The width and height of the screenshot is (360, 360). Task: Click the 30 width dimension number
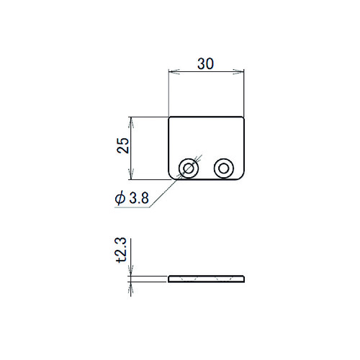click(205, 63)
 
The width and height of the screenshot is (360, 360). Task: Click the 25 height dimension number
click(123, 145)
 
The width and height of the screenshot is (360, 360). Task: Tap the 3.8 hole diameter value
click(139, 198)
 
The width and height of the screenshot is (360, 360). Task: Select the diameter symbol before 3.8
click(120, 198)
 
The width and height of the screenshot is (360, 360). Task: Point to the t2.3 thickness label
click(121, 250)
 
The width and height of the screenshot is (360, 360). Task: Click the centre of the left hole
click(189, 168)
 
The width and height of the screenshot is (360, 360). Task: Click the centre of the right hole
click(224, 168)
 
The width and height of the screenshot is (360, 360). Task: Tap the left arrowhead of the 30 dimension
click(174, 71)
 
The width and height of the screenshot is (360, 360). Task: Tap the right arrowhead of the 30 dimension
click(238, 71)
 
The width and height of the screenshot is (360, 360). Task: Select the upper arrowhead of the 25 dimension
click(131, 122)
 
